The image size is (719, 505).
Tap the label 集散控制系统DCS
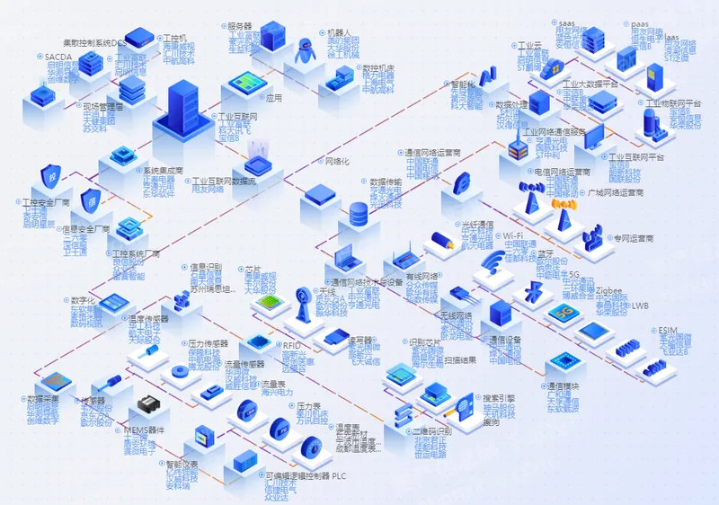coord(93,42)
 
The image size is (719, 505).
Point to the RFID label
coord(294,344)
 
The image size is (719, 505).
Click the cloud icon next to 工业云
coord(554,67)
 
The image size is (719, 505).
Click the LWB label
coord(640,306)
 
